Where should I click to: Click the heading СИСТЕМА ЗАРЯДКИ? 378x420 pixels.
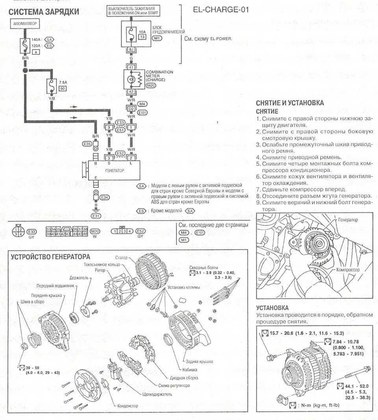[x=44, y=12]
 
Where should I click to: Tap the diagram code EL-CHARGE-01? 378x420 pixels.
[x=221, y=9]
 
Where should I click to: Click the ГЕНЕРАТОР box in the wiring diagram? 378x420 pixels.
[x=115, y=171]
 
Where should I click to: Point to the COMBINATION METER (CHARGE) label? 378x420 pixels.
[x=159, y=76]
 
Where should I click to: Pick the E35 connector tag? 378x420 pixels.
[x=87, y=144]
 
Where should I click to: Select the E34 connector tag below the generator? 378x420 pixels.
[x=104, y=197]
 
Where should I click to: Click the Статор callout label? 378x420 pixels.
[x=122, y=258]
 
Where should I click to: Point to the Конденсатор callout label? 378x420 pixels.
[x=128, y=405]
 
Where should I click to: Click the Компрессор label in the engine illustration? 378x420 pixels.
[x=348, y=270]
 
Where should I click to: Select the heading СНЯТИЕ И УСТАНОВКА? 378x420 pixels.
[x=290, y=103]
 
